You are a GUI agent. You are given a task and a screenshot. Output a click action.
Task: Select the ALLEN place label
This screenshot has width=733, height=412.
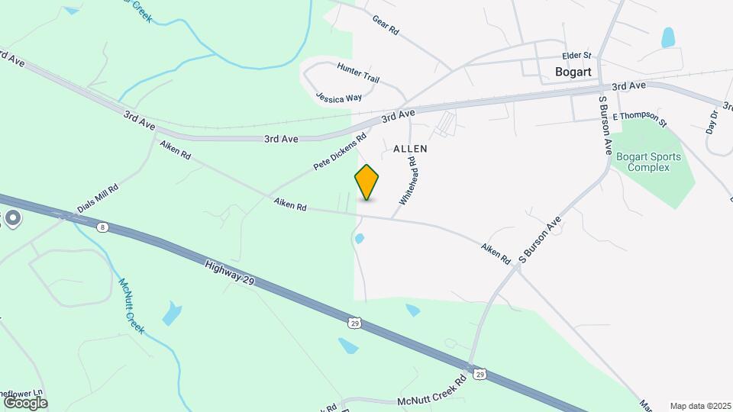point(410,149)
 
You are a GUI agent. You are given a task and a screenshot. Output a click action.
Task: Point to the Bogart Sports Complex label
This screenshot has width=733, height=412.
point(648,163)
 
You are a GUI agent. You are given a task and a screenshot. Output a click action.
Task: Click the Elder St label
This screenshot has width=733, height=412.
point(576,56)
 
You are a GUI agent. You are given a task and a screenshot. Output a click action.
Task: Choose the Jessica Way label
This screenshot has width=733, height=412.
point(338,98)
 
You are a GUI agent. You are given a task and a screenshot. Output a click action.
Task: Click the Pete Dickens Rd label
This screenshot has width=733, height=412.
point(341,153)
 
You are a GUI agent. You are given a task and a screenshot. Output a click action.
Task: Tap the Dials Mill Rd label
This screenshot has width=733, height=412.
point(97,199)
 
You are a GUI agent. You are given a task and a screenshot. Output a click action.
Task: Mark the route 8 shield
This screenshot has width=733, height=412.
point(102,227)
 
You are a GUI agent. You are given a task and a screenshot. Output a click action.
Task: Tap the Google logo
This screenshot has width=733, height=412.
point(24,402)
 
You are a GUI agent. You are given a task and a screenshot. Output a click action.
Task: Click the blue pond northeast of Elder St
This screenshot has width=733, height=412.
point(668,37)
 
